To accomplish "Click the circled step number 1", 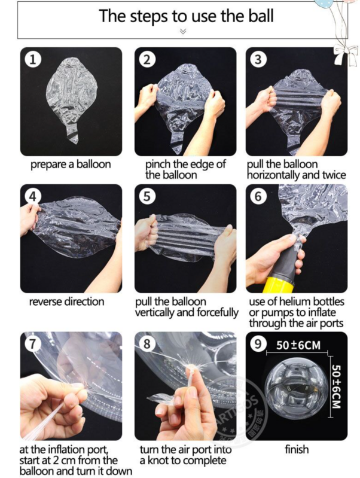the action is (33, 59).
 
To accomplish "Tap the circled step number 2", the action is (147, 59).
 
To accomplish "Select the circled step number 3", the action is (258, 59).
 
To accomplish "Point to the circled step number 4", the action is (33, 196).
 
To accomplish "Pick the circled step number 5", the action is (147, 196).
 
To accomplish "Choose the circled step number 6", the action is (258, 196).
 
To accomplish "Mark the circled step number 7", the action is (33, 344).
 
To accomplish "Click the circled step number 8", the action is (147, 344).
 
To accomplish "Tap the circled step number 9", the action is (258, 344).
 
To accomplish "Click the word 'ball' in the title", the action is (261, 16).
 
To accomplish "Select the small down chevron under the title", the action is (183, 31).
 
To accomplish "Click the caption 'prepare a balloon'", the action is (71, 165).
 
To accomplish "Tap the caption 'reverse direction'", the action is (67, 302).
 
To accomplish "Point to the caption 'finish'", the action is (297, 449).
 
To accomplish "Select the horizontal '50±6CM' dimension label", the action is (298, 345).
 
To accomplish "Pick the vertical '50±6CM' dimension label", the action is (336, 386).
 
